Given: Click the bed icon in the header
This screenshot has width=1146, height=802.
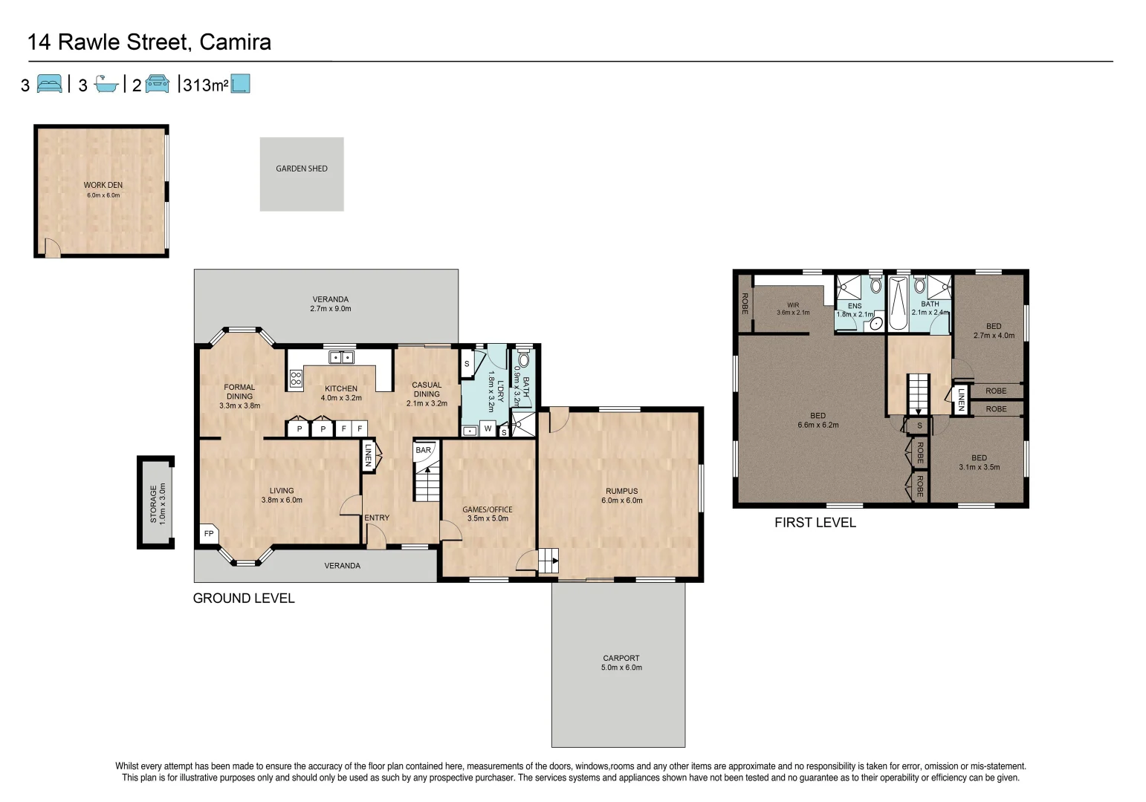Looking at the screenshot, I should [x=50, y=84].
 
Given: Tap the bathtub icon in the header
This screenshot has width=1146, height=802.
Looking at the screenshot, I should [x=106, y=85].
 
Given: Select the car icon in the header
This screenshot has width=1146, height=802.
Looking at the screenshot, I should [x=158, y=84].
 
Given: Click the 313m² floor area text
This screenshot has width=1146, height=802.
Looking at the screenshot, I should [x=205, y=85].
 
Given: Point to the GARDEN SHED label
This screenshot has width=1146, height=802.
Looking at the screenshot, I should [x=302, y=169].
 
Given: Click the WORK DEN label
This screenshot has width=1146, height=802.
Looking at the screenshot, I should [x=103, y=185].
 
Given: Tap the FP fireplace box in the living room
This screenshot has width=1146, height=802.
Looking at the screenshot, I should [x=209, y=533].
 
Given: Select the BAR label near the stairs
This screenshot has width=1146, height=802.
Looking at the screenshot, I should [x=423, y=450].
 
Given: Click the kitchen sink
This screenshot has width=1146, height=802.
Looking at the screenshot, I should [x=341, y=357].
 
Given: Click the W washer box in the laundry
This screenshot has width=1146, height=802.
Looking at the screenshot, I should [x=488, y=428].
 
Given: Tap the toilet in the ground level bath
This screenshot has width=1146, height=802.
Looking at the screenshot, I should [x=524, y=360].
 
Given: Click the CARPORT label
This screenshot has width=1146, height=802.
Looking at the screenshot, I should [x=621, y=658].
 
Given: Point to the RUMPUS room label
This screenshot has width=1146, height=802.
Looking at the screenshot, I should [x=621, y=491].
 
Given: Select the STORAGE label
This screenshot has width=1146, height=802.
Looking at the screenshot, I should [x=154, y=503].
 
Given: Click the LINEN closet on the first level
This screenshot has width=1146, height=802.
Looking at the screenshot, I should [x=961, y=399].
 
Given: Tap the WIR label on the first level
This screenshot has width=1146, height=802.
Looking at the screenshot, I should [x=793, y=304].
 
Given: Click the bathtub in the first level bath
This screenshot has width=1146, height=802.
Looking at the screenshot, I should [x=898, y=304].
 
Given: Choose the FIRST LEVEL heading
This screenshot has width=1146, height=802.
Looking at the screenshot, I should [x=815, y=523].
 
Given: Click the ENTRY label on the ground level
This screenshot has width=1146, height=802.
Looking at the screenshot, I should [x=376, y=518].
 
